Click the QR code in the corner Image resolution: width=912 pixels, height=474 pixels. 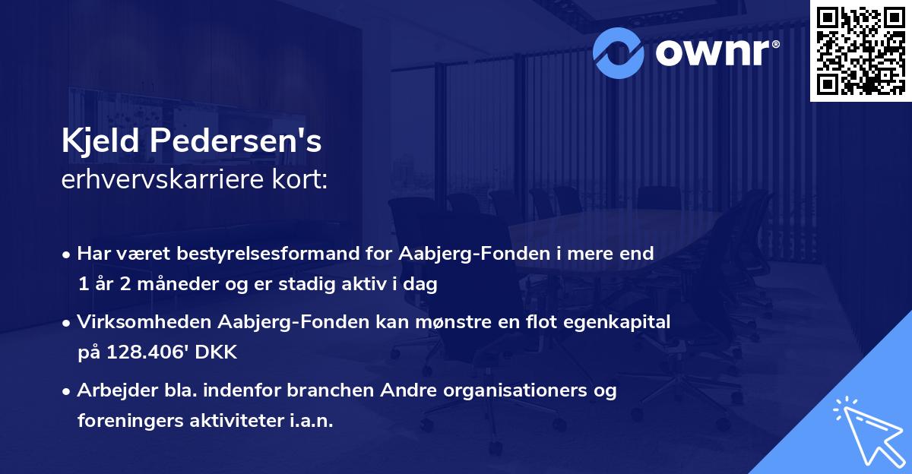(x=860, y=50)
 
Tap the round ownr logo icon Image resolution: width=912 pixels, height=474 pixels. (x=617, y=52)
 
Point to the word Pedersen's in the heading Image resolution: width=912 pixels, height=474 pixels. (x=238, y=143)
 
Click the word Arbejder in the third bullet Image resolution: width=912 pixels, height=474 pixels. (x=112, y=390)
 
